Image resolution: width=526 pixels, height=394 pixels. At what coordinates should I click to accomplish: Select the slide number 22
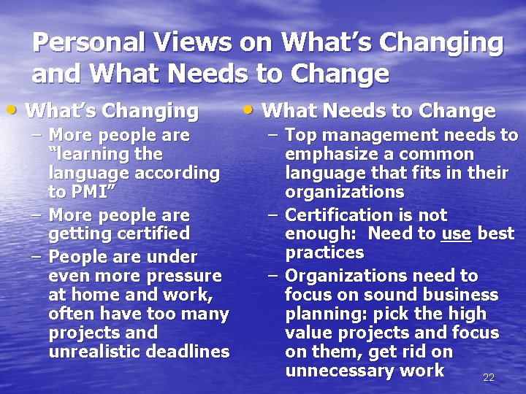(489, 377)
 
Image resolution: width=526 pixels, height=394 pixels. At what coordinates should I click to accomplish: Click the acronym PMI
(92, 192)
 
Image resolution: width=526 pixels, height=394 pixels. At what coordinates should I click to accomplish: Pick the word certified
(151, 233)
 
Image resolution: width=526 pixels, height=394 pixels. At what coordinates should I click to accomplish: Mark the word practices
(324, 252)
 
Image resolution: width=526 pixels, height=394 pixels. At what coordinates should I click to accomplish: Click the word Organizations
(342, 276)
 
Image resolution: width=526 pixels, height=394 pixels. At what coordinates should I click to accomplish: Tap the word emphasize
(327, 155)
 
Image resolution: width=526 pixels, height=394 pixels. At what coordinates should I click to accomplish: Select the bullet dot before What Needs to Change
(250, 110)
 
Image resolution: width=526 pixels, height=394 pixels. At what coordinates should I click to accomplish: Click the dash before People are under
(36, 257)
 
